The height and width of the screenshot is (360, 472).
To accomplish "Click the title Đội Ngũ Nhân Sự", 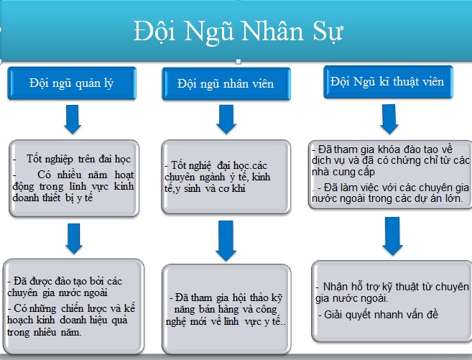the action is click(238, 32).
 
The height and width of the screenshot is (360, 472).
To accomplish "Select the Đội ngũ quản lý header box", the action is click(72, 83).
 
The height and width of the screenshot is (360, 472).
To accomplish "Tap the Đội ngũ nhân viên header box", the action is click(226, 83).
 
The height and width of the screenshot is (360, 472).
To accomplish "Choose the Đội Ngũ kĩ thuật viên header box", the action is click(388, 82).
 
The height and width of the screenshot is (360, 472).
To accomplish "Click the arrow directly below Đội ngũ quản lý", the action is click(73, 119).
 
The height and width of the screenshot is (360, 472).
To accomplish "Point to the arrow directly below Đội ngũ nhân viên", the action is click(226, 119).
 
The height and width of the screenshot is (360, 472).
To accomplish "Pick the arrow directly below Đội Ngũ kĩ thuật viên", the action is click(389, 119).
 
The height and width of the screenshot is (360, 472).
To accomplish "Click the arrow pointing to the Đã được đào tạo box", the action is click(74, 239).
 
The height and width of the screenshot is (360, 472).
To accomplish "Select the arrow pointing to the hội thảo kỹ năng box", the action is click(226, 241).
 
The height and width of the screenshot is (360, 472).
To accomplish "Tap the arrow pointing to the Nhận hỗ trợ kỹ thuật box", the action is click(392, 236).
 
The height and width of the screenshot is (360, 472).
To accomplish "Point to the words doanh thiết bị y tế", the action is click(52, 198).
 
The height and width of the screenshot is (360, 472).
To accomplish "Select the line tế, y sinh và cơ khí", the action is click(205, 189).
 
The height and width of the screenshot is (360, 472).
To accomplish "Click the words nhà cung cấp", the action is click(343, 172).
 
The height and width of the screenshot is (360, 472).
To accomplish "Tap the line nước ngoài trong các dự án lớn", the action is click(387, 198).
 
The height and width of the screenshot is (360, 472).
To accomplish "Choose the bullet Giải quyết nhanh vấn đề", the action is click(379, 315).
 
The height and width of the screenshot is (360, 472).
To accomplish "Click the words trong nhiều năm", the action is click(44, 332).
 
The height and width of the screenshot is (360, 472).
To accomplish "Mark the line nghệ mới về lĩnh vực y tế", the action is click(226, 321).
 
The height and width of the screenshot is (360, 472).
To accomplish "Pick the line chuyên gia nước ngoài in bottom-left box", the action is click(57, 293).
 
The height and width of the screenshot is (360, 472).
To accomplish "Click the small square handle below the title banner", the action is click(239, 62).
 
